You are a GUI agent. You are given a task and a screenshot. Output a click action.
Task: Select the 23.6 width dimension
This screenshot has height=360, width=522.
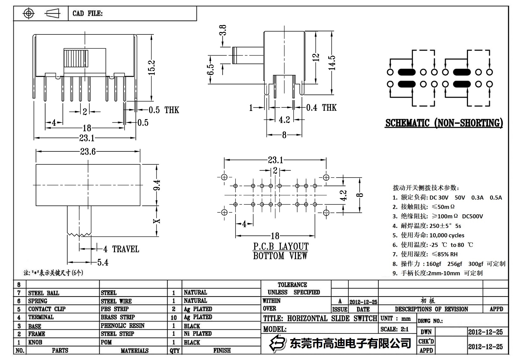pyautogui.click(x=87, y=152)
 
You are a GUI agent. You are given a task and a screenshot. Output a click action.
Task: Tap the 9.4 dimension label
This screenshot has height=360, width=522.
pyautogui.click(x=157, y=185)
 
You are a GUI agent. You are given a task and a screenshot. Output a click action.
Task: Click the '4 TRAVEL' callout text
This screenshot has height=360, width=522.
pyautogui.click(x=121, y=249)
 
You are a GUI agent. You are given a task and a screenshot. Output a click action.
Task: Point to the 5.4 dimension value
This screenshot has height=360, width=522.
pyautogui.click(x=103, y=262)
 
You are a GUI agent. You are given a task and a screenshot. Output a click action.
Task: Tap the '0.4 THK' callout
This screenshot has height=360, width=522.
pyautogui.click(x=321, y=108)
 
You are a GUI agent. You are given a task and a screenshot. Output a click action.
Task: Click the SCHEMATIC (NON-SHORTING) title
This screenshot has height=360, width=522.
pyautogui.click(x=444, y=123)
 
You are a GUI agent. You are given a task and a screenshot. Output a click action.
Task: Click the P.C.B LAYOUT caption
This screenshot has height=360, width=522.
pyautogui.click(x=280, y=247)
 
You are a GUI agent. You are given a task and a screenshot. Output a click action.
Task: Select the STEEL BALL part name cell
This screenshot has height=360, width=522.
pyautogui.click(x=44, y=293)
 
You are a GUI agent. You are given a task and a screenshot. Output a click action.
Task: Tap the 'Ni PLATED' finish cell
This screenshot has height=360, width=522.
pyautogui.click(x=198, y=333)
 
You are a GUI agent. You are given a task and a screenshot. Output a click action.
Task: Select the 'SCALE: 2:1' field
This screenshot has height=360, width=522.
pyautogui.click(x=394, y=329)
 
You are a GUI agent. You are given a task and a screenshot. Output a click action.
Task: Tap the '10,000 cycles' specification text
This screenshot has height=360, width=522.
pyautogui.click(x=447, y=235)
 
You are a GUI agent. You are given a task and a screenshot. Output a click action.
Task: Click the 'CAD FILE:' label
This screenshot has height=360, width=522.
pyautogui.click(x=87, y=13)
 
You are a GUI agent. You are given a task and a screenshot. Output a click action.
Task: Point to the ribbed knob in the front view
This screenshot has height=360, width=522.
pyautogui.click(x=76, y=58)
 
